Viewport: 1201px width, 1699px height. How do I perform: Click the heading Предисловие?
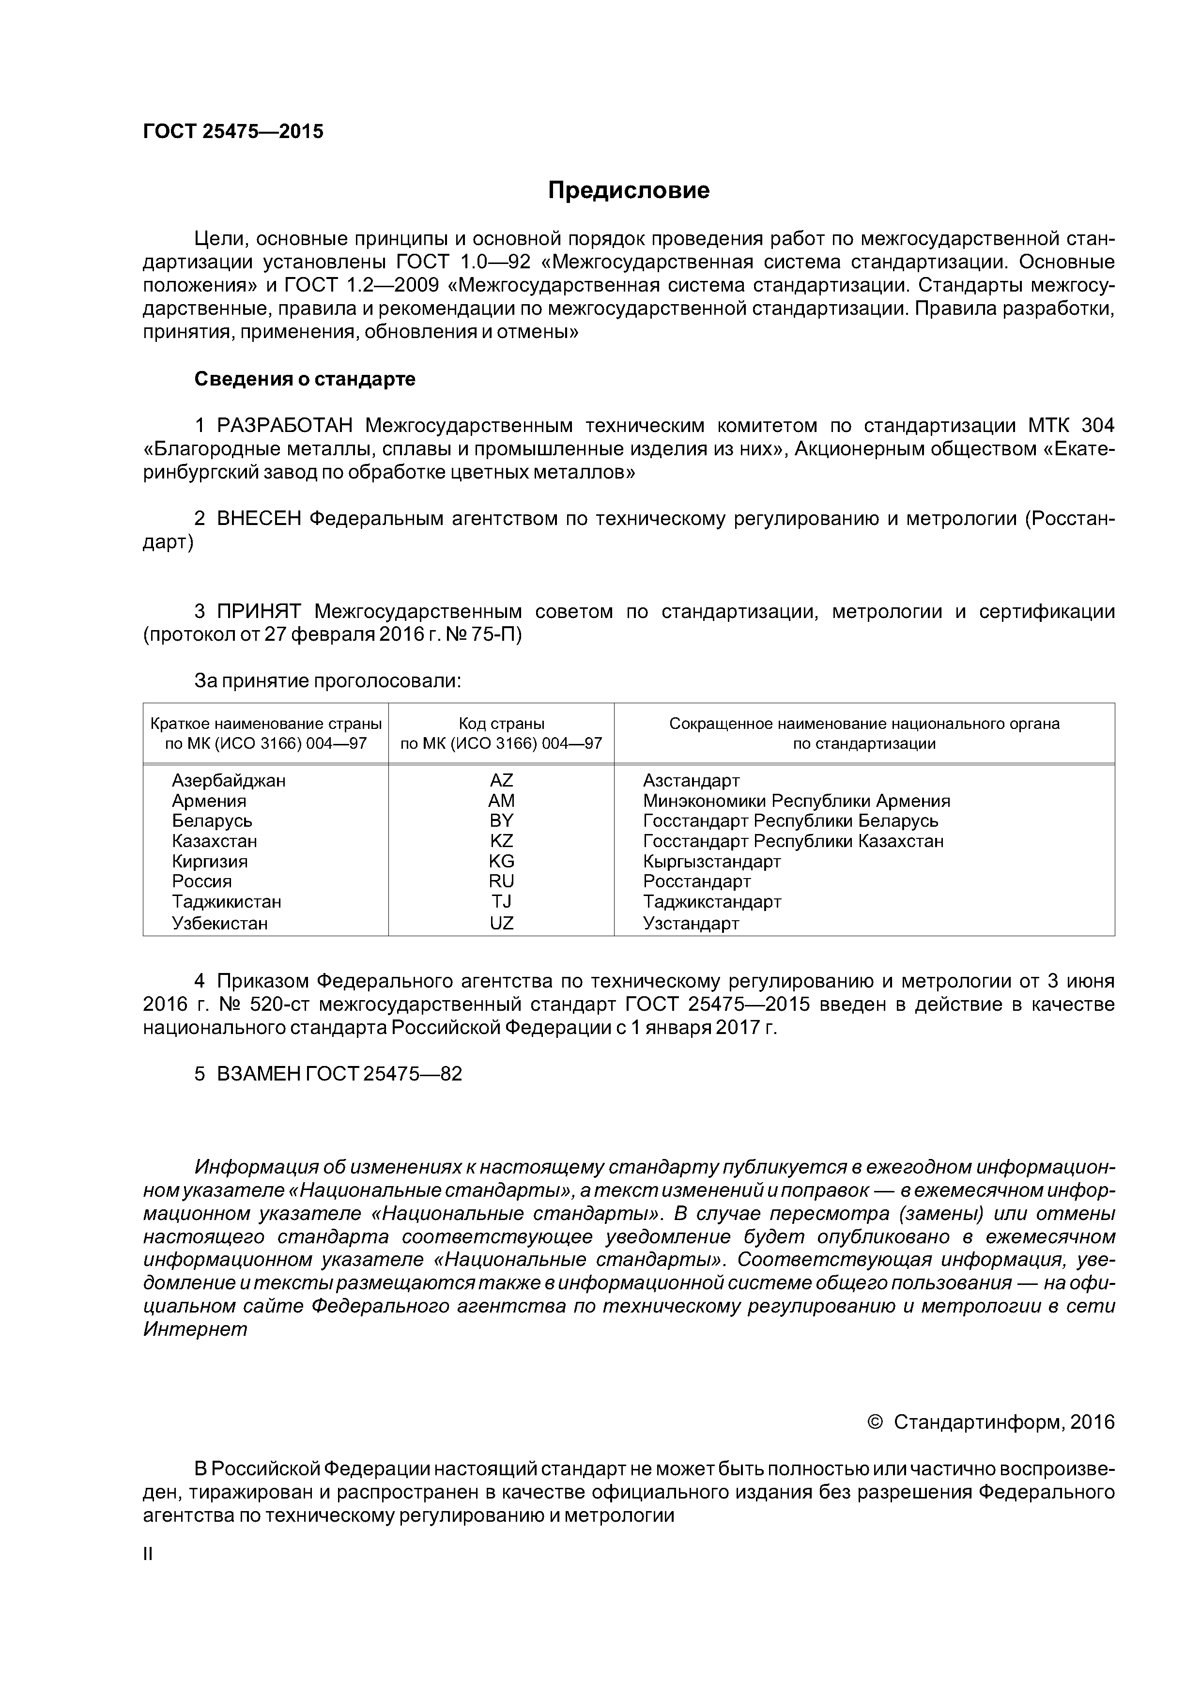[628, 191]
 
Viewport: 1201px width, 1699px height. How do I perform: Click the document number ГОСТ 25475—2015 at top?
[233, 132]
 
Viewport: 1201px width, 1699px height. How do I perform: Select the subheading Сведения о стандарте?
[305, 379]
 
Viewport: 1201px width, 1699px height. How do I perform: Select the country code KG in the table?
[501, 861]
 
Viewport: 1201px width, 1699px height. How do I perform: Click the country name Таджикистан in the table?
[227, 902]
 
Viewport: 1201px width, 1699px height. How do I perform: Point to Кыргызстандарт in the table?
[712, 861]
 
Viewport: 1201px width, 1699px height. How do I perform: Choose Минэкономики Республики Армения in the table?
[796, 801]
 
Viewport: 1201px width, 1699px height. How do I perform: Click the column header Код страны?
[501, 724]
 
